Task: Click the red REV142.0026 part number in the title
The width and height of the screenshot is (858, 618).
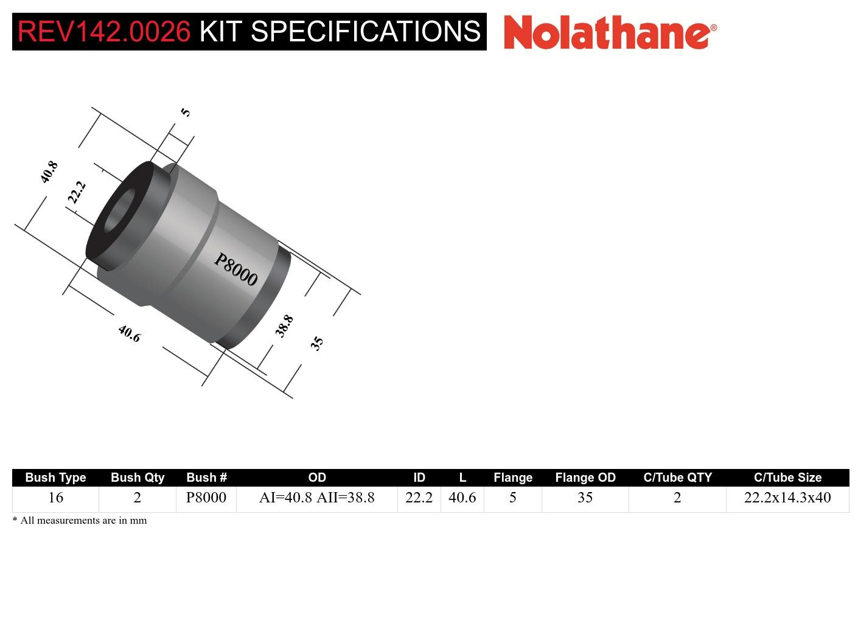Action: tap(104, 32)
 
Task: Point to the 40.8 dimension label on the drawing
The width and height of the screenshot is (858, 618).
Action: tap(49, 172)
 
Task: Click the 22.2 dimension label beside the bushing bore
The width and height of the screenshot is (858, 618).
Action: tap(77, 192)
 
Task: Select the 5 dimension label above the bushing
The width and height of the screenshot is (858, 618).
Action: tap(186, 112)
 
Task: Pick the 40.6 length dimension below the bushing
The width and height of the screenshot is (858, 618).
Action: tap(129, 333)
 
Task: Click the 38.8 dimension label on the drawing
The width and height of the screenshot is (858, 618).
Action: tap(284, 325)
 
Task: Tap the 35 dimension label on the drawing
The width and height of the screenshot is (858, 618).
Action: tap(316, 343)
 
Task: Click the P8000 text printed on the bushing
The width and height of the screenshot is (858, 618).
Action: tap(236, 269)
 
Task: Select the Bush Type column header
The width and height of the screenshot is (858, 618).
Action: tap(55, 477)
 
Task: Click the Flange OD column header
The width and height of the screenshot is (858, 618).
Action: tap(585, 477)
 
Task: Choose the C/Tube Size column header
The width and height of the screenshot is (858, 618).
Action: tap(787, 477)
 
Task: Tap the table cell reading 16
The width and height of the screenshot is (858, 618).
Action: tap(55, 498)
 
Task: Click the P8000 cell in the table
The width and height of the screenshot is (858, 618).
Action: tap(206, 498)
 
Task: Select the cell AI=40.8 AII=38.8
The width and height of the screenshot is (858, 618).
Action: tap(316, 498)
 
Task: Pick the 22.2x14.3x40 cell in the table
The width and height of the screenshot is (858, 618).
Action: tap(787, 498)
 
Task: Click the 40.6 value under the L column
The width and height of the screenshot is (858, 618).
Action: tap(462, 498)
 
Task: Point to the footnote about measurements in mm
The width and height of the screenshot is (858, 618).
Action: tap(80, 521)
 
